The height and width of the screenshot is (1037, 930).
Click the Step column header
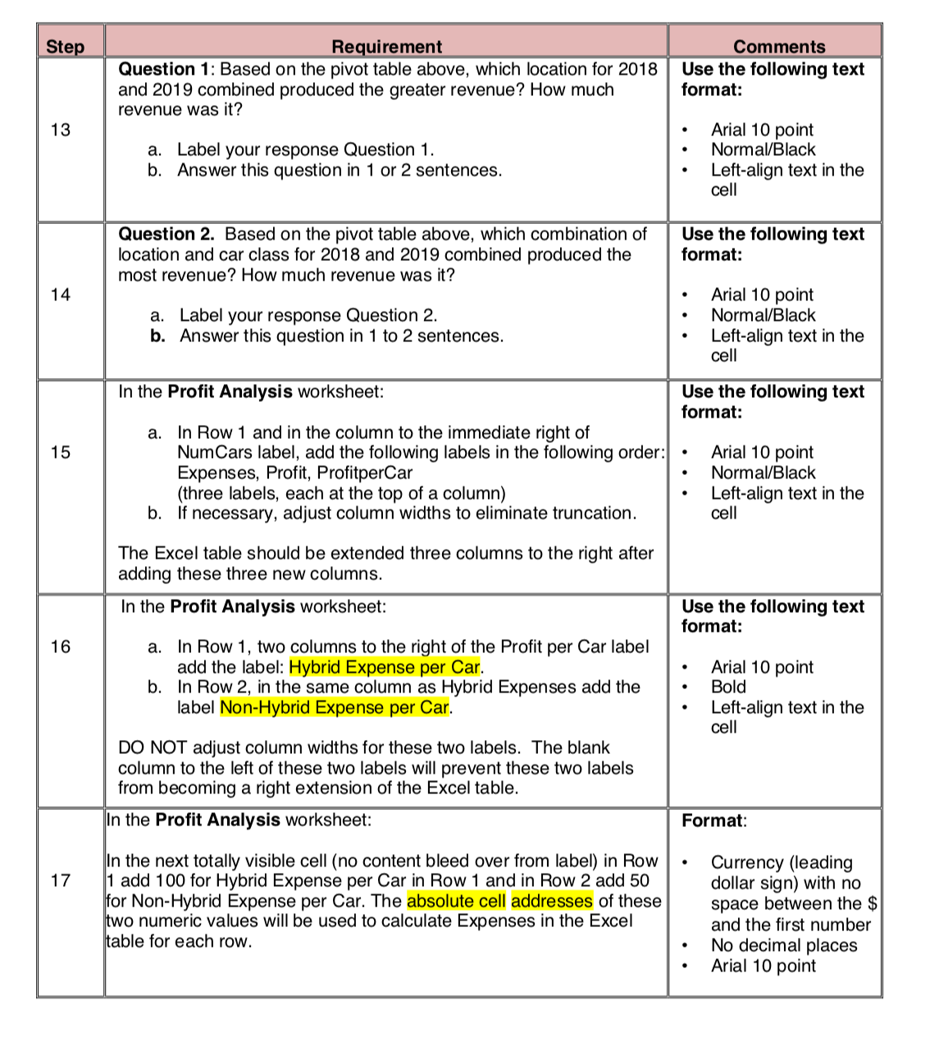66,47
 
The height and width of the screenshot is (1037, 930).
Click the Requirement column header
386,47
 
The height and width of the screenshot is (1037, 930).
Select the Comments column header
779,47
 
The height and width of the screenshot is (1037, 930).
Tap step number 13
61,130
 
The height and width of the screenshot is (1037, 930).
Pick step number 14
61,295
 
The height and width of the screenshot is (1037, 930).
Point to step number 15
61,452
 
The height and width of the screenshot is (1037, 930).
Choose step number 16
61,646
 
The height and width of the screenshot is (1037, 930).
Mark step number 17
61,880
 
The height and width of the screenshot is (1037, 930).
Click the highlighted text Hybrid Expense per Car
385,667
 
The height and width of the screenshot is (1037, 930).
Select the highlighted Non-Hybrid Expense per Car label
335,707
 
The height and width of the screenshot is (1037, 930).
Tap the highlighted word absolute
456,901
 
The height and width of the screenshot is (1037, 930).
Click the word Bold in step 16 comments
728,687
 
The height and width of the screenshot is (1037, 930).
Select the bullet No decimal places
783,945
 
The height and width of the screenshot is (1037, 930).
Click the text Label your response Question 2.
308,316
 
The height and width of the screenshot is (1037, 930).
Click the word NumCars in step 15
212,452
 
